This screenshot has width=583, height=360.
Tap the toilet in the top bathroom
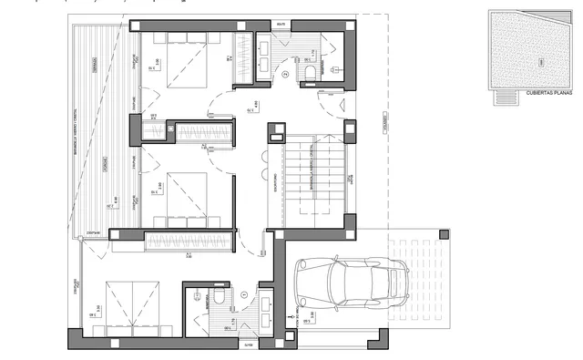(312, 72)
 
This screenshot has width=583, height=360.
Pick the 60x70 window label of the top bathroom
(280, 23)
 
